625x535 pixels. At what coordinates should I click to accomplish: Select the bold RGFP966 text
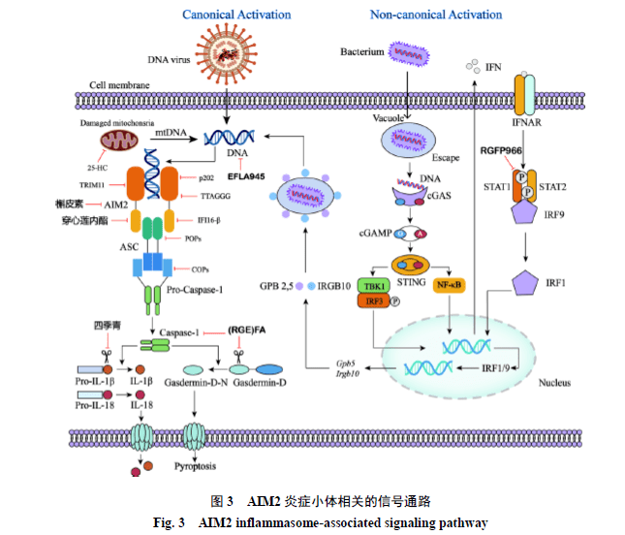[x=506, y=151]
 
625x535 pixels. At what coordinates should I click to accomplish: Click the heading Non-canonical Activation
[x=436, y=15]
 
